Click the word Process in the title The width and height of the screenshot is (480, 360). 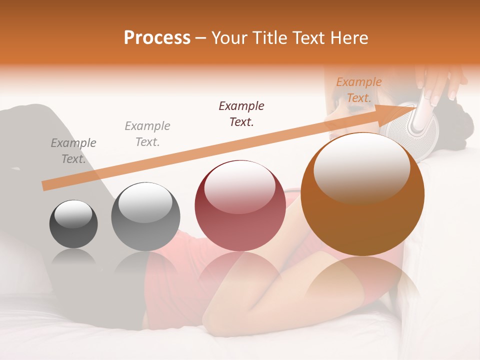coord(157,38)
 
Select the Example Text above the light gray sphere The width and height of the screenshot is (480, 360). coord(147,134)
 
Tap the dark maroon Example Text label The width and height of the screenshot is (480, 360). coord(241,113)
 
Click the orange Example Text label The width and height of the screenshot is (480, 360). coord(358,90)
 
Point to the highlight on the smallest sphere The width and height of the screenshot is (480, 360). coord(73,214)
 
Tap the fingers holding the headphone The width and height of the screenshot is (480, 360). coord(435,87)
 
